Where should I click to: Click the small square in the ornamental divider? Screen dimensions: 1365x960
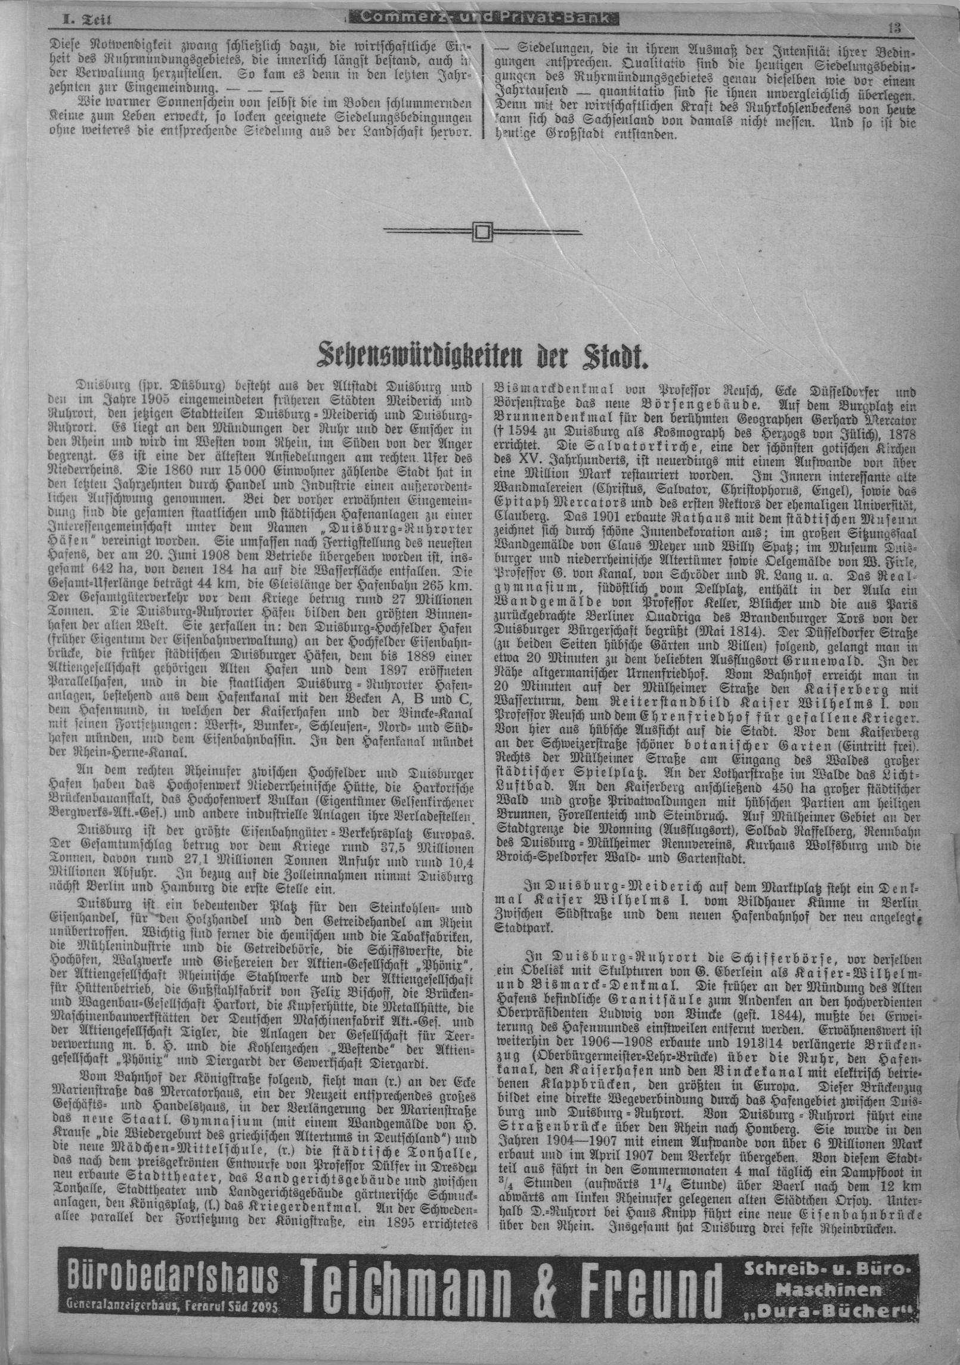482,230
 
